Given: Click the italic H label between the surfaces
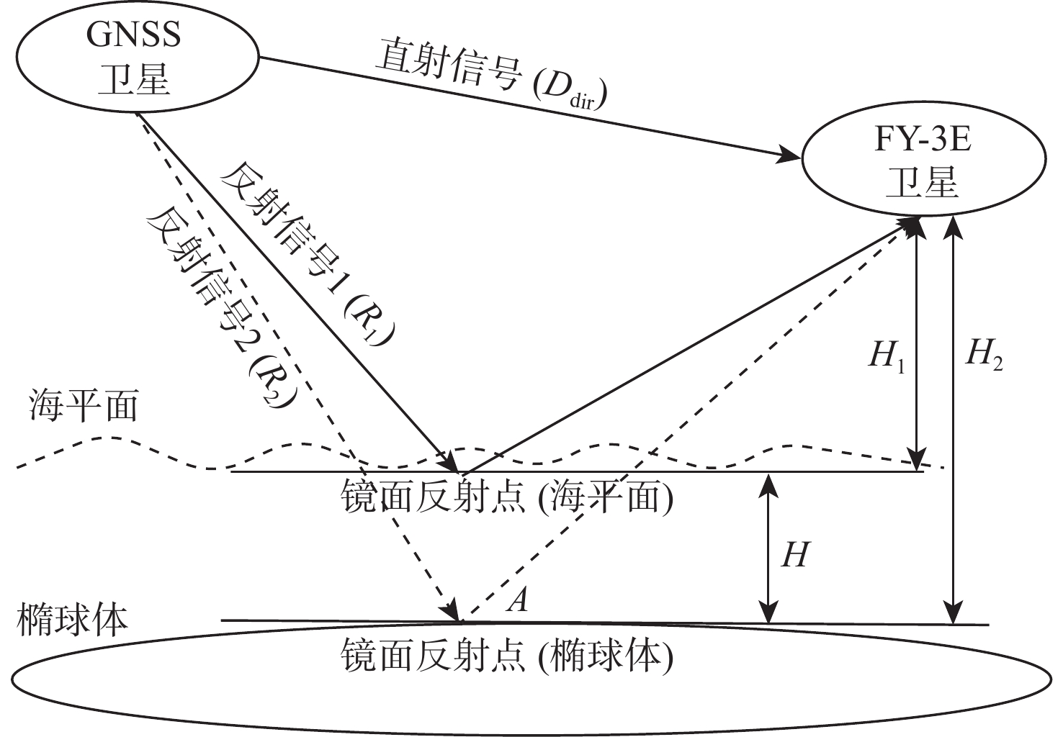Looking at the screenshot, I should click(x=794, y=555).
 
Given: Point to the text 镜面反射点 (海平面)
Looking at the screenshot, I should click(x=508, y=497).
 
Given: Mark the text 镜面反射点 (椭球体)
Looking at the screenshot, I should click(x=508, y=655).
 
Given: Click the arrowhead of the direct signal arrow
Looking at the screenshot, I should click(x=795, y=155).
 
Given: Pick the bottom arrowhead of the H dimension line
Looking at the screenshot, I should click(x=770, y=612).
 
